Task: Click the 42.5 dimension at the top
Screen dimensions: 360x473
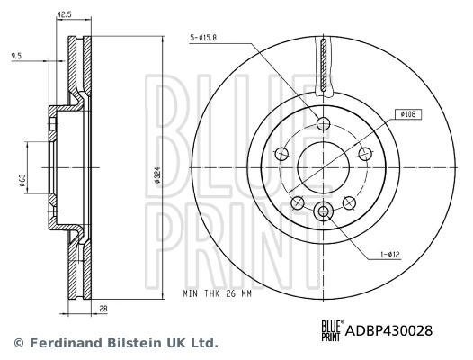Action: (x=65, y=13)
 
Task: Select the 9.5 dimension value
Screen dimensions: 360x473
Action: (x=16, y=56)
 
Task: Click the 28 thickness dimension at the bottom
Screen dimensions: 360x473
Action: (x=103, y=309)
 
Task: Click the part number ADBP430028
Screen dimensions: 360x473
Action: (x=389, y=330)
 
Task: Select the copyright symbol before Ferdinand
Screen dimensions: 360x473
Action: (x=17, y=344)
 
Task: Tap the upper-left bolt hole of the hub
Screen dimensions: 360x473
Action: (x=281, y=153)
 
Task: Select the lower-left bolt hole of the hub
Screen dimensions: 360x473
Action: (x=298, y=202)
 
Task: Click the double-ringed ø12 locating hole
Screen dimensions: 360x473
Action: (x=325, y=211)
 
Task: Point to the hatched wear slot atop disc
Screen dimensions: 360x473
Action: (x=325, y=67)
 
